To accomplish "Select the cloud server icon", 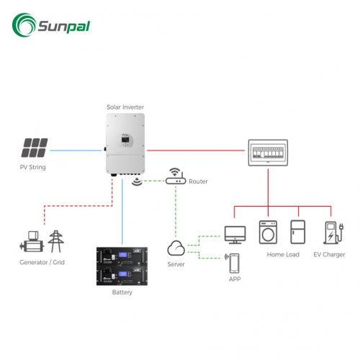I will click(x=176, y=249).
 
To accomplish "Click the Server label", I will click(x=176, y=265).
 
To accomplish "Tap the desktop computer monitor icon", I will click(x=235, y=234).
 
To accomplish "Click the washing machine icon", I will click(x=268, y=233).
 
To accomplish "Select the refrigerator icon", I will click(x=297, y=233).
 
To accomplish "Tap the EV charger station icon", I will click(x=330, y=233).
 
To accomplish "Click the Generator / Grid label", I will click(x=42, y=264).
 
